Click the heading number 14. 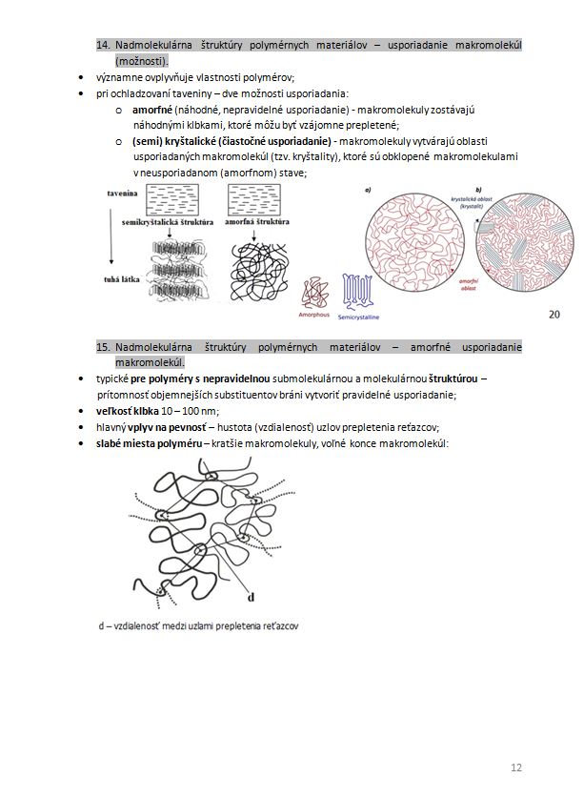(x=105, y=45)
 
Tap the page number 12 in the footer (x=516, y=767)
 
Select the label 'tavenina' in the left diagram (x=124, y=194)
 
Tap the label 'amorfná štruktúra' (x=257, y=220)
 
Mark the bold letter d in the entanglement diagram (x=252, y=599)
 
